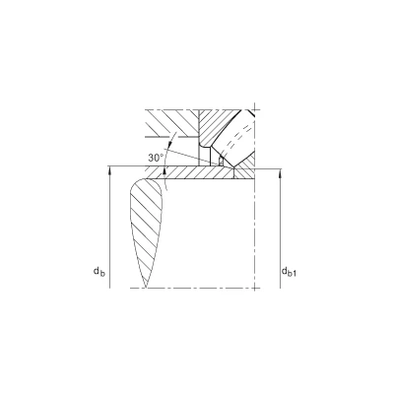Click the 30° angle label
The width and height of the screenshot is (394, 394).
pos(156,158)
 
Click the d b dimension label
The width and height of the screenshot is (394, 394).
pos(98,272)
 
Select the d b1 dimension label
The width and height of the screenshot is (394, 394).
pos(289,272)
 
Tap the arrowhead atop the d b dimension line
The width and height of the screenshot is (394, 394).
pos(110,170)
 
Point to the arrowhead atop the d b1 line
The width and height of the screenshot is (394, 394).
pos(280,173)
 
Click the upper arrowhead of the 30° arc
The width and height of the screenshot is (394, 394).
pos(171,144)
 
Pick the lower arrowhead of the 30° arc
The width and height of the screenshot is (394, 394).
pos(164,170)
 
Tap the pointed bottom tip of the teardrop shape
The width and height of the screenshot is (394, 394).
pos(146,288)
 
